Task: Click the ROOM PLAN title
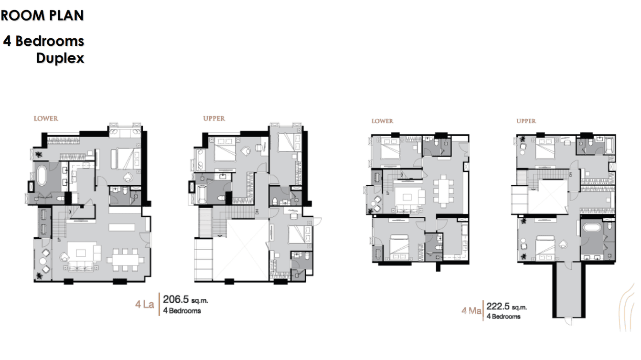(x=43, y=15)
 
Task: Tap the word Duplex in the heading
(x=60, y=58)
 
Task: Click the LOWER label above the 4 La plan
(x=46, y=118)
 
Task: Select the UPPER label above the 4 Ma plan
(x=526, y=121)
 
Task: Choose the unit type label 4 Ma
(x=471, y=311)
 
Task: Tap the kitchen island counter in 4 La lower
(x=122, y=227)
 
